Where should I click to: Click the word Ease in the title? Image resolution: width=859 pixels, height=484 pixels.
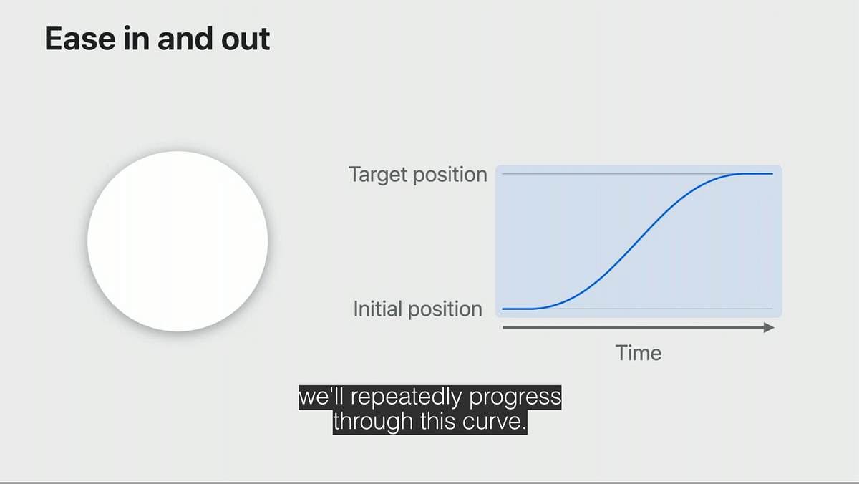[80, 39]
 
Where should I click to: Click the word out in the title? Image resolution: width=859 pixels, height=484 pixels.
[246, 39]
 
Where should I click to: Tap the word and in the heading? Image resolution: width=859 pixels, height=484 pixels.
[185, 39]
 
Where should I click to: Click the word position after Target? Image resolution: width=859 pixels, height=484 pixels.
[450, 175]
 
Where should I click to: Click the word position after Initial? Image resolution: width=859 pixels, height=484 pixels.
[445, 310]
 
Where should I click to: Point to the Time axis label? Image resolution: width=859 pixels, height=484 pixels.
[639, 353]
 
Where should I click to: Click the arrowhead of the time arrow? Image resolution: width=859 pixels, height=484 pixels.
[769, 327]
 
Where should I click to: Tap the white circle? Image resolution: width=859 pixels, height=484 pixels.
[178, 241]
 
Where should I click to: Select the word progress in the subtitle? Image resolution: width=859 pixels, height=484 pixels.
[515, 397]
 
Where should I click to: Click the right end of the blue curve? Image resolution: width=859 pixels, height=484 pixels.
[772, 174]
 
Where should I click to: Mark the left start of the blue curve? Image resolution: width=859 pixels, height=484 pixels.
[503, 309]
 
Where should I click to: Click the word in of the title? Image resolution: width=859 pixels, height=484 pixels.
[137, 39]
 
